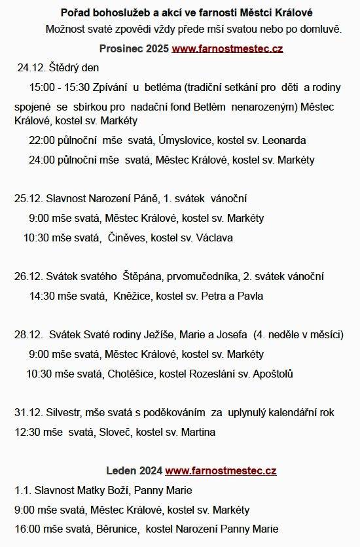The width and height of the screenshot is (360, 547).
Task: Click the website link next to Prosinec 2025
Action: pyautogui.click(x=227, y=49)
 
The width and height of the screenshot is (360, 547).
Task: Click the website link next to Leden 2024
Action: pyautogui.click(x=221, y=470)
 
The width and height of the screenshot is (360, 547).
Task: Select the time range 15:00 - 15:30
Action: pyautogui.click(x=60, y=87)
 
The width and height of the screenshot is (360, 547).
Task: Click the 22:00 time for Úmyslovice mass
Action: pyautogui.click(x=41, y=140)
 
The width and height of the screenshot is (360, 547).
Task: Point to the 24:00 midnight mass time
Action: pyautogui.click(x=41, y=160)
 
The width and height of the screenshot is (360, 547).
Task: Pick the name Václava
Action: pyautogui.click(x=211, y=238)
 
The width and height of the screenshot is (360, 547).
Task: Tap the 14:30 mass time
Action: pyautogui.click(x=42, y=296)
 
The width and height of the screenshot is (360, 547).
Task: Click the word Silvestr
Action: pyautogui.click(x=63, y=412)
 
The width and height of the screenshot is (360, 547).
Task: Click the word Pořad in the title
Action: pyautogui.click(x=75, y=13)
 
